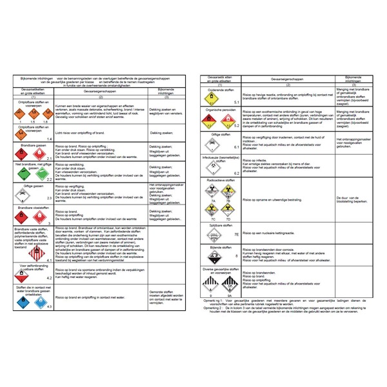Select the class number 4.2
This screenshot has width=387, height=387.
49,277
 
